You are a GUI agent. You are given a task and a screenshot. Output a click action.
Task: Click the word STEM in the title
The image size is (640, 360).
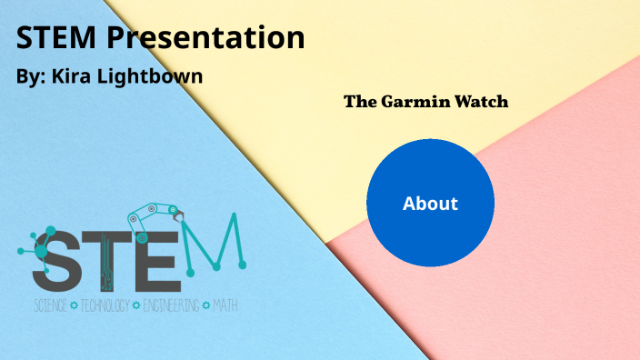pos(56,38)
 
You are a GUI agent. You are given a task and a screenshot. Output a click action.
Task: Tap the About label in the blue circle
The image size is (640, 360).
pos(430,204)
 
